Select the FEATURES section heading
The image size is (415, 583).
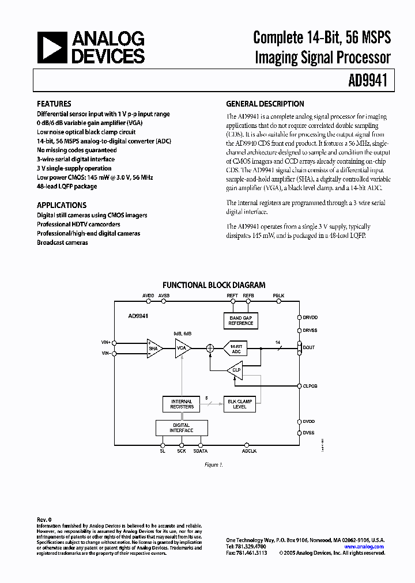pos(54,104)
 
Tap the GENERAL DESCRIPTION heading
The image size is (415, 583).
pos(265,104)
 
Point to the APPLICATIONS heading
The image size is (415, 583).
pos(62,205)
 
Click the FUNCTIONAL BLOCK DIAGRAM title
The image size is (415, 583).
pos(214,285)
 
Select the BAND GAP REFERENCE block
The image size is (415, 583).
pos(241,320)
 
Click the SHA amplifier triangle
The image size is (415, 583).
pos(154,348)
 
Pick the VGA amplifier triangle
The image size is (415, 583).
pos(183,348)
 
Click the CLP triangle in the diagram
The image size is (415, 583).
pos(235,370)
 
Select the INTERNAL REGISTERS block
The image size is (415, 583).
pos(182,404)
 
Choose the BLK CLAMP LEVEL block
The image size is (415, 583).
pos(240,404)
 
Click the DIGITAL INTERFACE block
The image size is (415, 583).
pos(181,427)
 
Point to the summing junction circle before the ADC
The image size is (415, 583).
pos(210,348)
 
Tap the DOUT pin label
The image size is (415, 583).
pos(310,347)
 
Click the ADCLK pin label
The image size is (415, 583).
pos(249,452)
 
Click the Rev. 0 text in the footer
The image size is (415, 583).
pos(44,520)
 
